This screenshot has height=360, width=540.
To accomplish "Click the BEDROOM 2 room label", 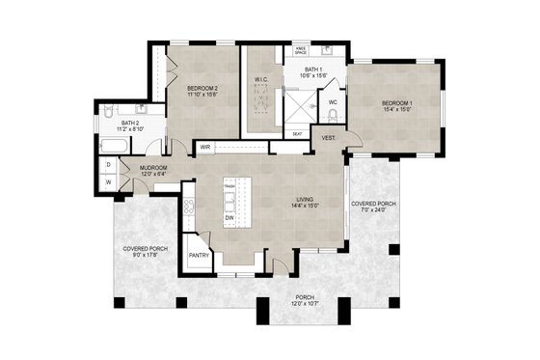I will [202, 92].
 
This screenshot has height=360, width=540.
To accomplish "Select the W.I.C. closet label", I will [260, 80].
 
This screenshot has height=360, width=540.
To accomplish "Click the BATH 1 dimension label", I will [313, 73].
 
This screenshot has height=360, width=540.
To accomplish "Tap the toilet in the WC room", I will [333, 116].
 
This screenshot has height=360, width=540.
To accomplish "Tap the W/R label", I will [205, 147].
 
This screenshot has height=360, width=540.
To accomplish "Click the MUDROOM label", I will [154, 171].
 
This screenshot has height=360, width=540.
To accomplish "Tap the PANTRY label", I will [199, 255].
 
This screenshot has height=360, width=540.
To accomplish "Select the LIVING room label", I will [308, 203].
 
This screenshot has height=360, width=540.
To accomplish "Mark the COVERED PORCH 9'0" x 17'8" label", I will [147, 252].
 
